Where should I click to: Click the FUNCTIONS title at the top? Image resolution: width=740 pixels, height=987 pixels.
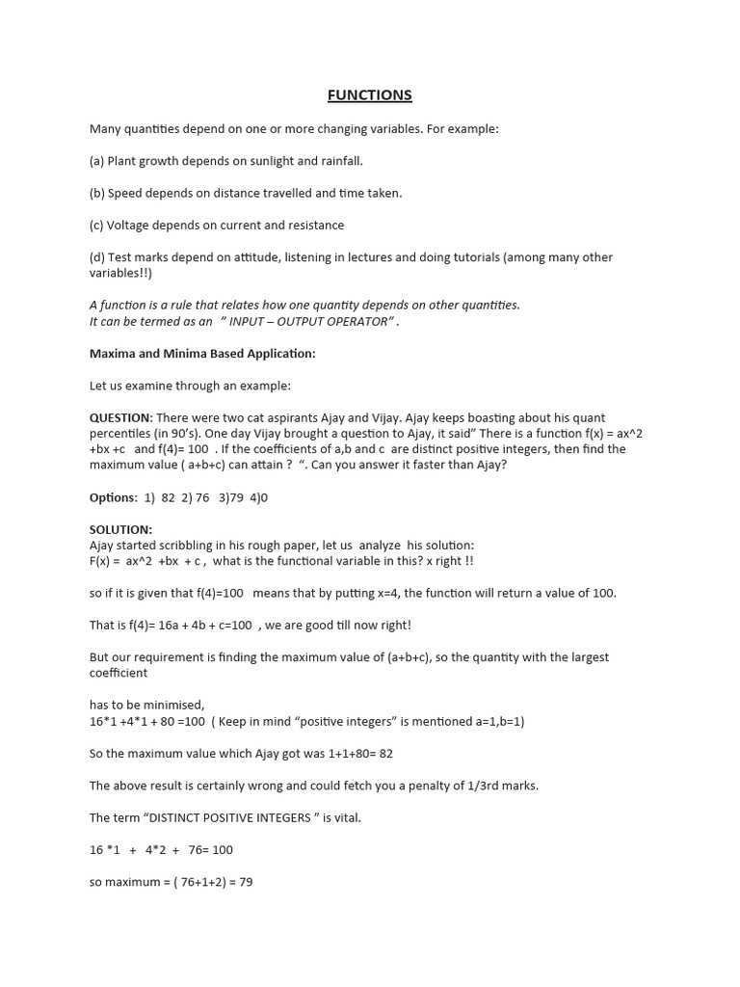coord(369,94)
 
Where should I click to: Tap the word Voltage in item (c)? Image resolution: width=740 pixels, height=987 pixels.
coord(131,225)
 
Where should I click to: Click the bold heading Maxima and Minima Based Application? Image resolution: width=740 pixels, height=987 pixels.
coord(202,354)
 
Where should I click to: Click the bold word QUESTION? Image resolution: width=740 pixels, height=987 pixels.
coord(120,417)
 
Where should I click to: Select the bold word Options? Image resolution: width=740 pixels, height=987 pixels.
coord(113,497)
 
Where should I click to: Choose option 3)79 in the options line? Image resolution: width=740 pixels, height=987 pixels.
coord(232,497)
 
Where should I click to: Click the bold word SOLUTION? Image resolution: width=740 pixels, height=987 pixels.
coord(120,529)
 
